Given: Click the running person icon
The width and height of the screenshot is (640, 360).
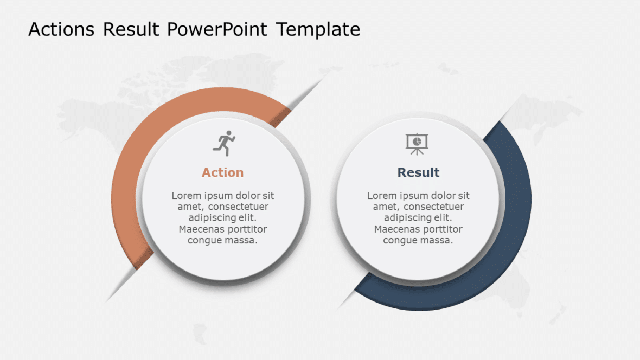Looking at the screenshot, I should pos(224,143).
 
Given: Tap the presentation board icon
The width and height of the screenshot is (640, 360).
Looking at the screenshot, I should pos(417,144).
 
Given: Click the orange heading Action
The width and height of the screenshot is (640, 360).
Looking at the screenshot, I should pos(222,172).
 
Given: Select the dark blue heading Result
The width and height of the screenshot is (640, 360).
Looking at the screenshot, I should pos(418,172).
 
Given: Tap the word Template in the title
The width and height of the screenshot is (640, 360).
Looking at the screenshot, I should pos(318,29).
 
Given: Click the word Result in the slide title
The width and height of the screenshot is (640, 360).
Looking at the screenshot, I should pos(131,29).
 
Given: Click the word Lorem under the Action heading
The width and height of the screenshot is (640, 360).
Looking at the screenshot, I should pos(187,196).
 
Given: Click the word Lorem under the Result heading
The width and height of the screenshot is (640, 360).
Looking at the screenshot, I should pos(382,196).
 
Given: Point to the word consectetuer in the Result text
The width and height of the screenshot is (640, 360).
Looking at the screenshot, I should pos(433,207).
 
